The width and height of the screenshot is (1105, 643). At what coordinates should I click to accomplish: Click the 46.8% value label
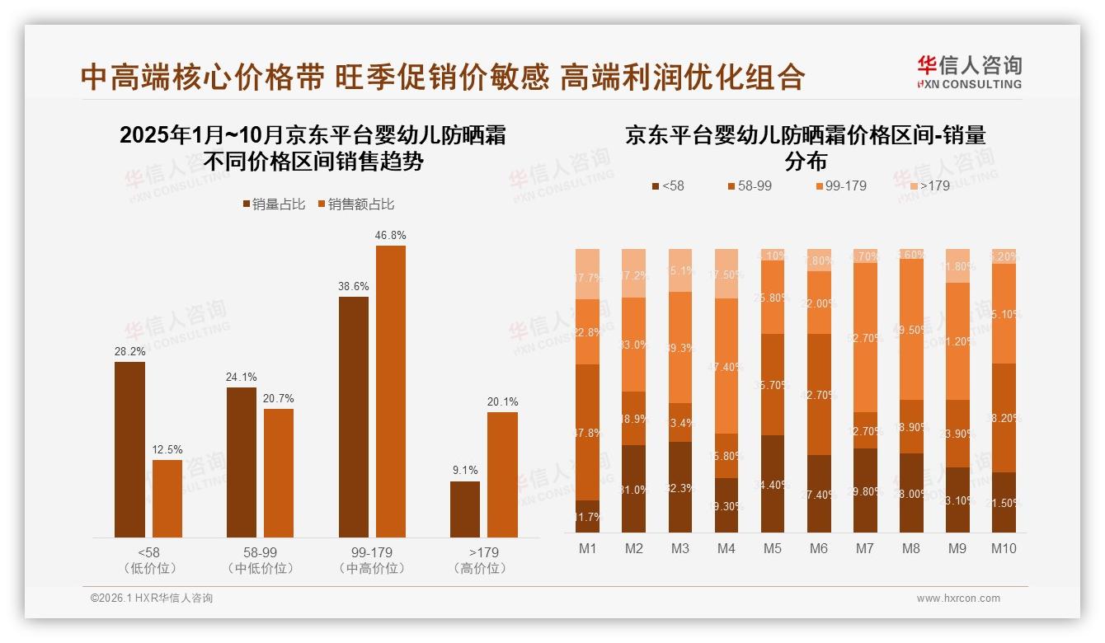390,235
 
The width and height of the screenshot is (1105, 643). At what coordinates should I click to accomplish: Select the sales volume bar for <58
129,449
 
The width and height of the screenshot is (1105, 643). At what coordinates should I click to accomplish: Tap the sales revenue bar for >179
502,474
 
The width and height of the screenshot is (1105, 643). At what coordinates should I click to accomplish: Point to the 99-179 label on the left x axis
372,552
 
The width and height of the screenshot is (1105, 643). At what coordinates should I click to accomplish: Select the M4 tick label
726,548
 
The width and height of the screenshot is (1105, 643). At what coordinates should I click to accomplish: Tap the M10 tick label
1004,548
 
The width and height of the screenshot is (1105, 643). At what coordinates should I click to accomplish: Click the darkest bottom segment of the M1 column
588,516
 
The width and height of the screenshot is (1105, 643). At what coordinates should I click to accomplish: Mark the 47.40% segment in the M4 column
726,365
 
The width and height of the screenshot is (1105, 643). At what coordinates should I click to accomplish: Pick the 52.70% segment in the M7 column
865,337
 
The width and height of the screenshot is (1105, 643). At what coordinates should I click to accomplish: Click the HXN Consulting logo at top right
969,73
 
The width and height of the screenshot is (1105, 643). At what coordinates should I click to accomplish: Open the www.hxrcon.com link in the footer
958,598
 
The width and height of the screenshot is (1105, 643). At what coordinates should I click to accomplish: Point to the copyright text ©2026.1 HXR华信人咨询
152,598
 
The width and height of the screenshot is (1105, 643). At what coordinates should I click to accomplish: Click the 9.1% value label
465,470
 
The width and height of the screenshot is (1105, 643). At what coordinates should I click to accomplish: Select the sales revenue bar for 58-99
279,472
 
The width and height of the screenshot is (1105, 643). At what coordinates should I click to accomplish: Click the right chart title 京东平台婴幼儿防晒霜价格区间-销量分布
806,147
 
